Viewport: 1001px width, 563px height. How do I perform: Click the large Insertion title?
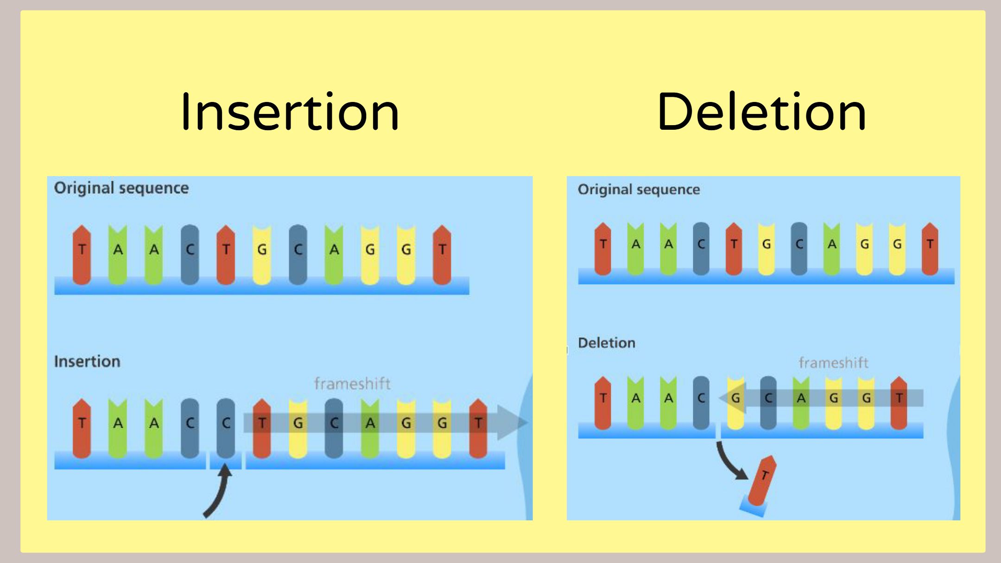(290, 112)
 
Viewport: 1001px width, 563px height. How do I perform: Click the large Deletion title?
(761, 112)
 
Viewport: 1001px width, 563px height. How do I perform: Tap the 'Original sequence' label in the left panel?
(121, 188)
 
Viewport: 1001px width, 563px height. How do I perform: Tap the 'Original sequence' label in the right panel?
(639, 190)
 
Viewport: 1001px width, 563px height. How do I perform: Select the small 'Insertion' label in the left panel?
(87, 361)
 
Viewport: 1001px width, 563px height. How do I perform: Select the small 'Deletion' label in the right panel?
(607, 343)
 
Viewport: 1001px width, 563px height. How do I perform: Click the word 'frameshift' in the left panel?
(352, 384)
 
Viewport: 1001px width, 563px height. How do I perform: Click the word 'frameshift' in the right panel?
(833, 363)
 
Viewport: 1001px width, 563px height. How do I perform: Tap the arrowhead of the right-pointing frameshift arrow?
(512, 423)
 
